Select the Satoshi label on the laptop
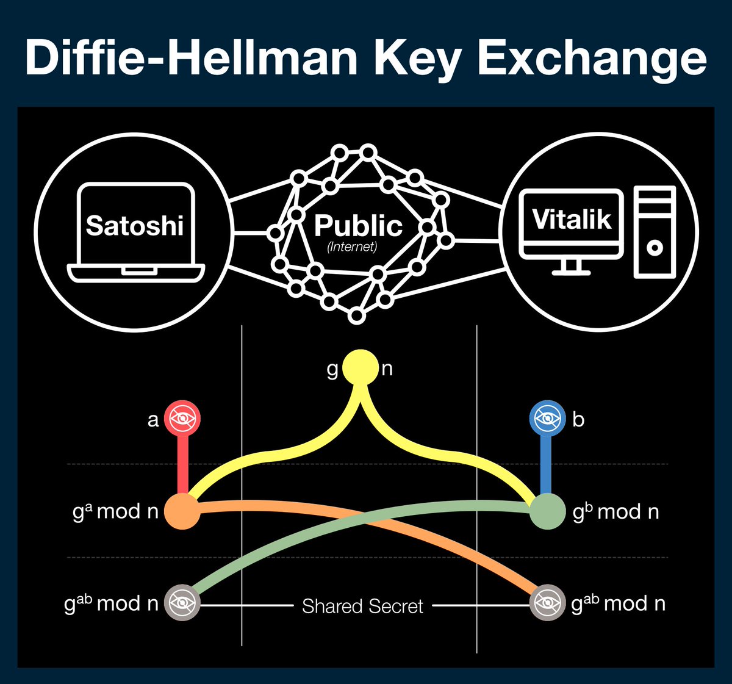click(135, 226)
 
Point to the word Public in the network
click(358, 226)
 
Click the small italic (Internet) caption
click(352, 247)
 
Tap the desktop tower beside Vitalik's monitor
click(655, 232)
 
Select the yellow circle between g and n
click(361, 367)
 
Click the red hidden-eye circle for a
click(182, 419)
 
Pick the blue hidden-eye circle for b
click(547, 419)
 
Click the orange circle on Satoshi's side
click(182, 511)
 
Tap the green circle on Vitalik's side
click(547, 511)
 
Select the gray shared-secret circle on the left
click(182, 603)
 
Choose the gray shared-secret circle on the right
click(547, 603)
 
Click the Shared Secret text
click(362, 606)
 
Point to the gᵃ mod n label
click(116, 511)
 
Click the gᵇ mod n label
click(616, 511)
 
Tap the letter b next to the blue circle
click(578, 420)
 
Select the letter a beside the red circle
click(153, 420)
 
